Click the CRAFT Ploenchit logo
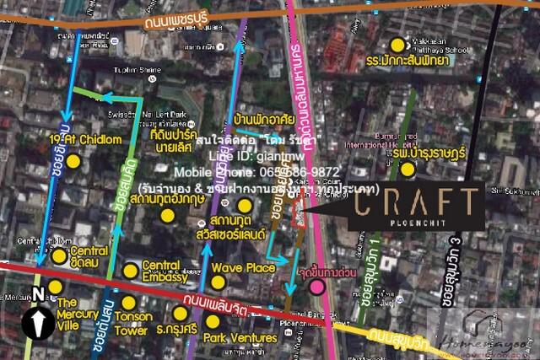(x=416, y=206)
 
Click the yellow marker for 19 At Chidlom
(x=73, y=160)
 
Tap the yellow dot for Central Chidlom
(x=58, y=255)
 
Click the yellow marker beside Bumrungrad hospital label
(x=408, y=169)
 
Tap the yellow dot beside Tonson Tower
(x=128, y=302)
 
